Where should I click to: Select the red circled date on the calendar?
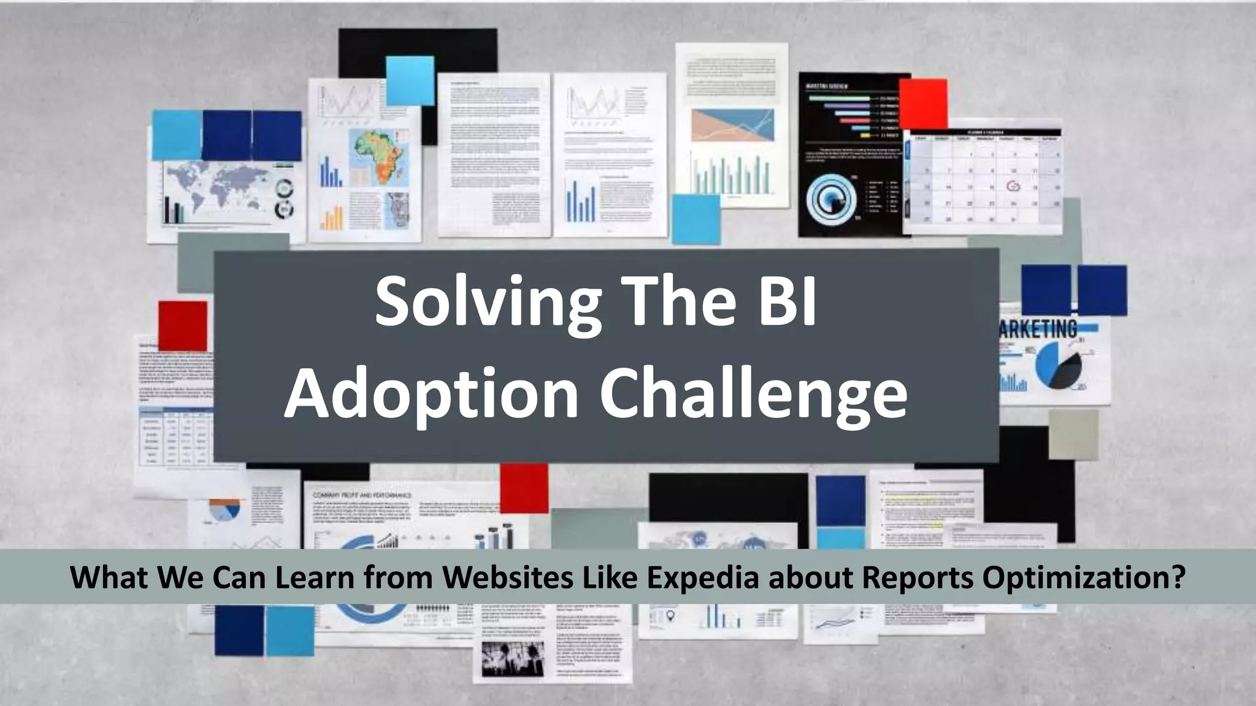pos(1013,186)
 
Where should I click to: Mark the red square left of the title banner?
pos(183,326)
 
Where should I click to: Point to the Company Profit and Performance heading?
pos(362,495)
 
